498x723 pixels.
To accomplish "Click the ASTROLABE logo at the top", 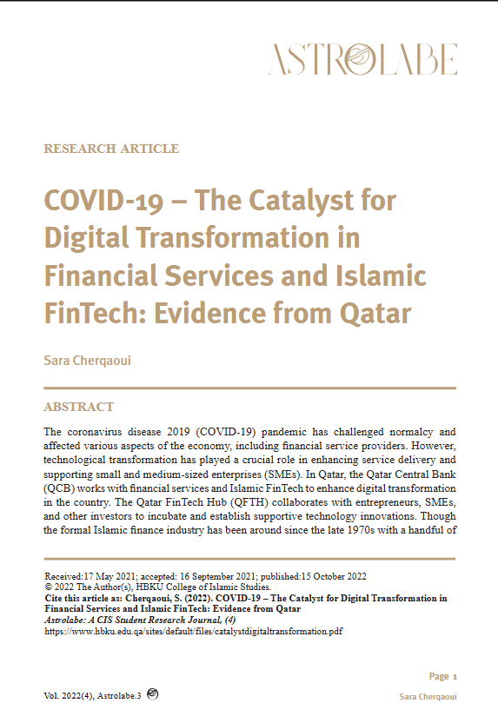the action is coord(362,59).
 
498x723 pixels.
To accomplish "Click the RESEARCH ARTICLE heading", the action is coord(111,149).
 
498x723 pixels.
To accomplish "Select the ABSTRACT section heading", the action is coord(78,407).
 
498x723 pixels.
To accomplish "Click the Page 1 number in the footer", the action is coord(442,676).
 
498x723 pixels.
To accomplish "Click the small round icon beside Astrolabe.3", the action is coord(153,693).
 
